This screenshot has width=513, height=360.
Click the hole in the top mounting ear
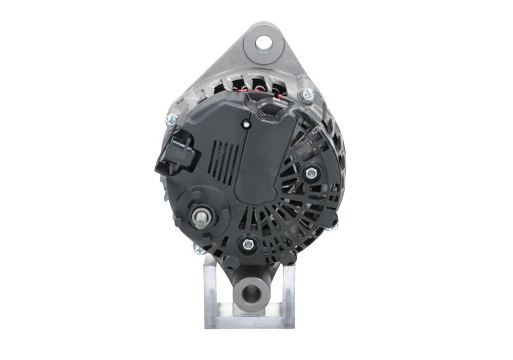point(263,43)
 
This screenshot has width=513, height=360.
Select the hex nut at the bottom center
point(247,244)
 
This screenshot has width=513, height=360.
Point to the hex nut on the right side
point(311,173)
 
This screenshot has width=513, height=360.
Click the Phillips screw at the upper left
point(172,119)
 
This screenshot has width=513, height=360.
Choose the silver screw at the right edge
point(332,224)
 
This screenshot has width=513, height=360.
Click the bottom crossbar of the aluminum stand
point(249,320)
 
